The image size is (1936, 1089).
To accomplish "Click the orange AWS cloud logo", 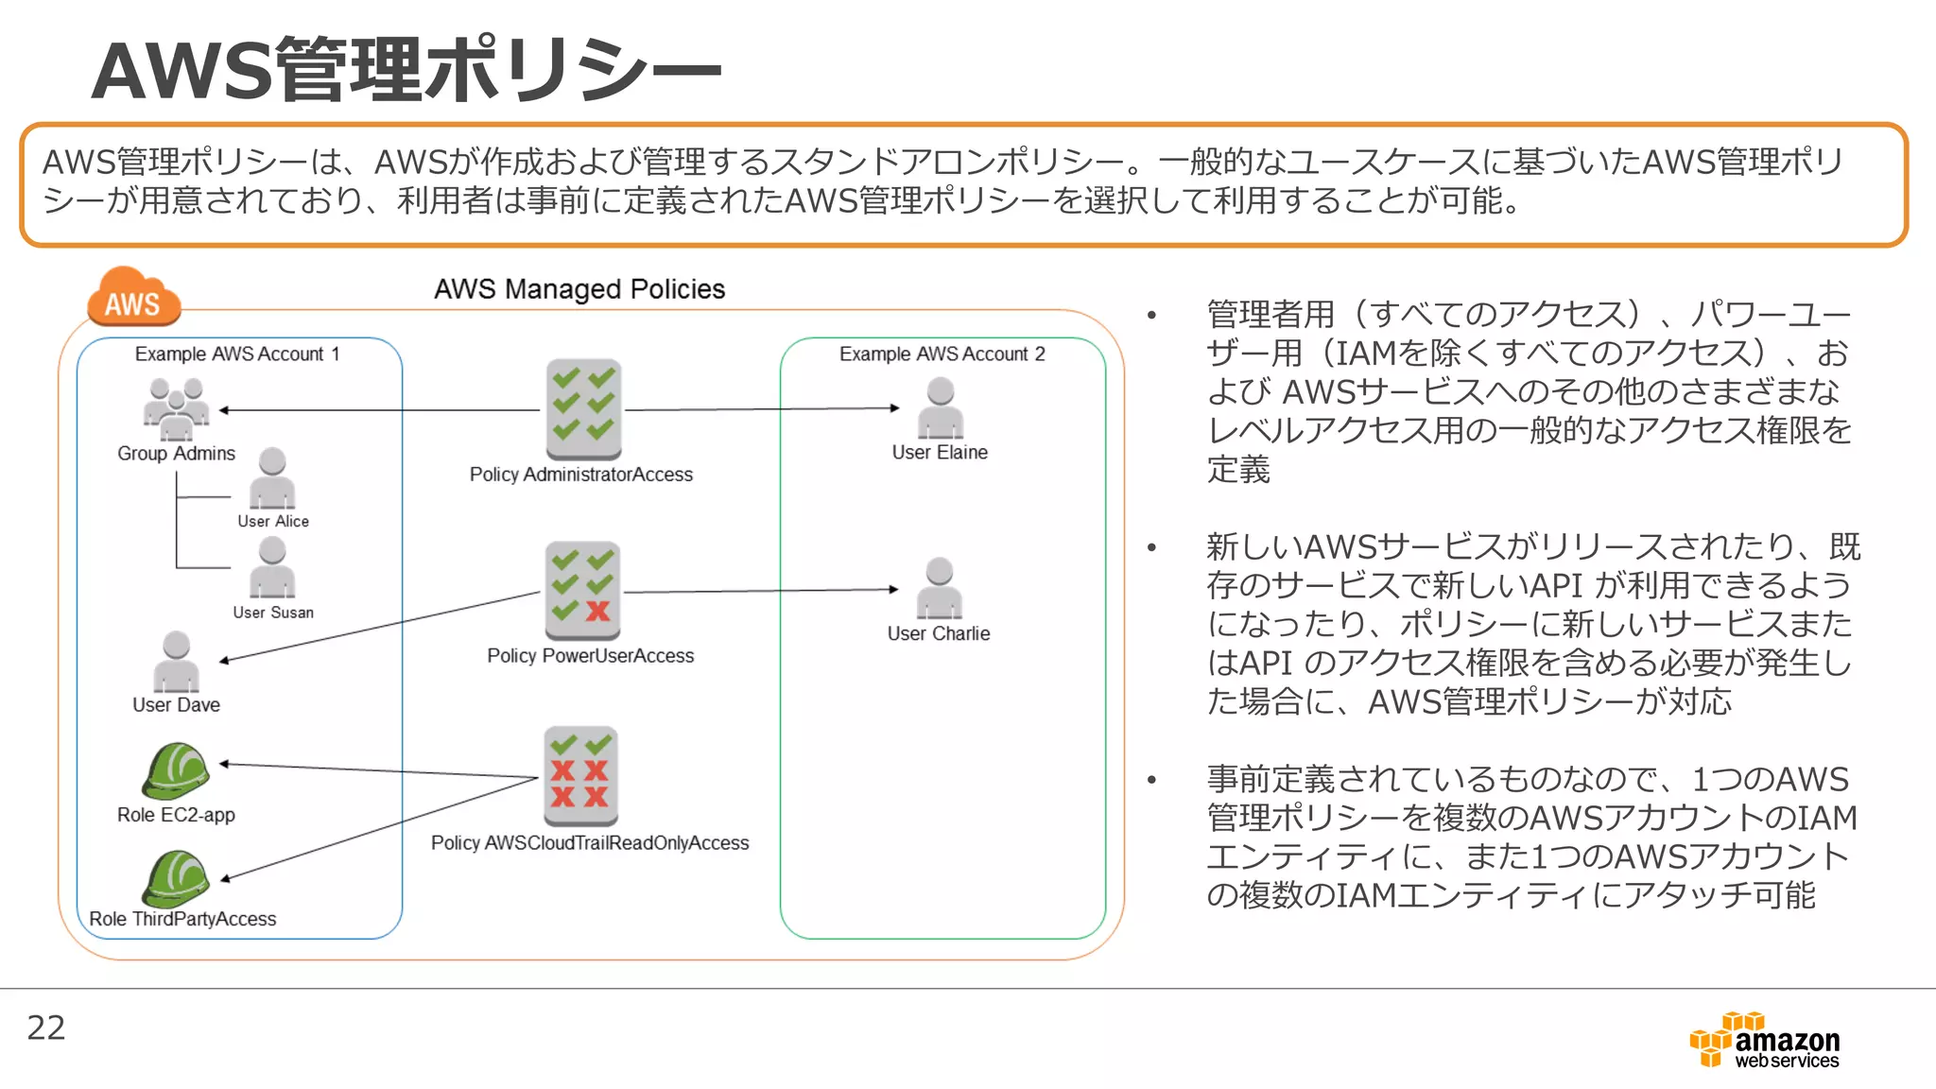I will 133,298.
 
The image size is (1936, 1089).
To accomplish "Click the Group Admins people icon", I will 176,409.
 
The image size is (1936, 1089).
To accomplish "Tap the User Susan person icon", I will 272,567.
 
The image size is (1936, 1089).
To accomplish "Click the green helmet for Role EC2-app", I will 175,770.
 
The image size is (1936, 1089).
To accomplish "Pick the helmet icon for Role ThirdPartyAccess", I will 175,877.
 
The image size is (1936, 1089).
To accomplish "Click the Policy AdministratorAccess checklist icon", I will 583,408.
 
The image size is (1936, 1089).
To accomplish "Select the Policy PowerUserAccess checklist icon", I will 582,591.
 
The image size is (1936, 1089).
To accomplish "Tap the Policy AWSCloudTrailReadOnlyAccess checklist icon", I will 581,775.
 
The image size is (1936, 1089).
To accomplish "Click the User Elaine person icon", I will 941,407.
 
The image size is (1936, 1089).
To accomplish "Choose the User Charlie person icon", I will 939,588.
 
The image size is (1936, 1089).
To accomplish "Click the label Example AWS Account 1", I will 236,354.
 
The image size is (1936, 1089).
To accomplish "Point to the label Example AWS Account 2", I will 942,354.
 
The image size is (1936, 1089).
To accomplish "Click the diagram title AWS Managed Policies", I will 579,289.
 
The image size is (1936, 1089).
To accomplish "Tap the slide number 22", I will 46,1028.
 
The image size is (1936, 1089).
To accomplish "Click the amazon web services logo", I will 1766,1042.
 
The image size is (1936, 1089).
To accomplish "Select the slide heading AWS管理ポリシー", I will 406,70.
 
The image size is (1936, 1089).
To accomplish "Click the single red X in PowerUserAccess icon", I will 597,611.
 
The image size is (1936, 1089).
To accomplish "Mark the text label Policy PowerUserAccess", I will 590,656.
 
